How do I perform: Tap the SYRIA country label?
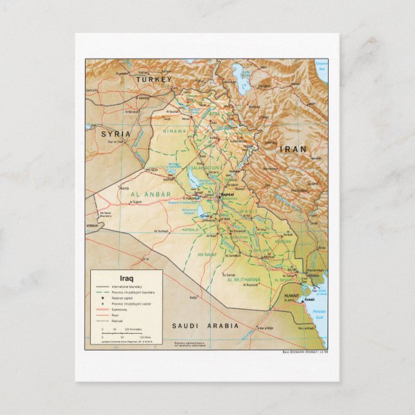(x=115, y=133)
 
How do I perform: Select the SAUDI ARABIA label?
(x=205, y=326)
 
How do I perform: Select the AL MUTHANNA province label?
(x=244, y=280)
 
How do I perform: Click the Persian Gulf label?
(x=318, y=314)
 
